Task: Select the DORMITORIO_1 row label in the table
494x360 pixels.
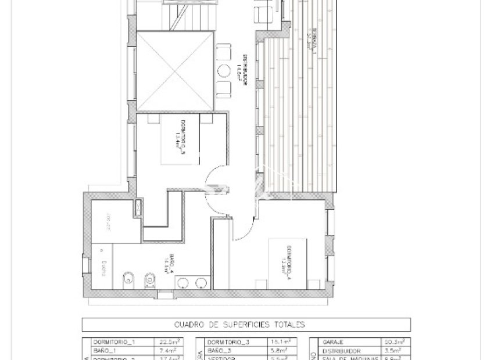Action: (113, 342)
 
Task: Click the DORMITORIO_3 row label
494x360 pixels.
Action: (228, 342)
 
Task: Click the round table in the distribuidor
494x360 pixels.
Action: (224, 70)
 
